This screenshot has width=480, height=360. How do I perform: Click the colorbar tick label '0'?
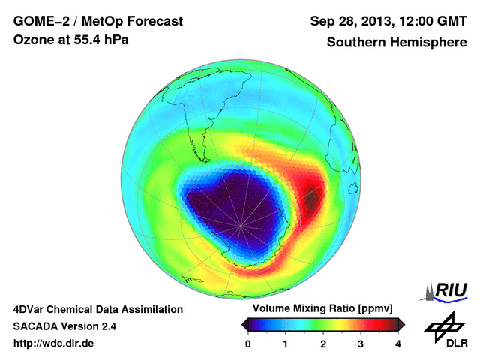tap(248, 344)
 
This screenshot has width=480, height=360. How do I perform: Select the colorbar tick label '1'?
tap(286, 344)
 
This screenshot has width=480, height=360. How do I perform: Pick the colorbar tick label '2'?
tap(323, 344)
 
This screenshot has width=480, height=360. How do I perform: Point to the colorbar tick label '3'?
tap(361, 344)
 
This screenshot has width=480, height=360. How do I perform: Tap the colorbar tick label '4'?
tap(398, 344)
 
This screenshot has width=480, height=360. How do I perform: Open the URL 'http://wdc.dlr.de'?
tap(54, 343)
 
